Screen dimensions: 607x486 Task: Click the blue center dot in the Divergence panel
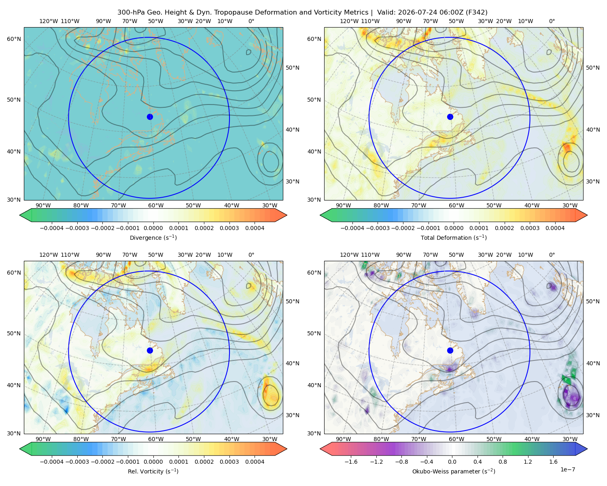[150, 117]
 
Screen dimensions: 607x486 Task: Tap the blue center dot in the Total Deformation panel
[450, 117]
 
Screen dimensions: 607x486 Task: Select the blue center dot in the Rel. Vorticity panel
[150, 350]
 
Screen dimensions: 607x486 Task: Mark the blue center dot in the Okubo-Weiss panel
[450, 350]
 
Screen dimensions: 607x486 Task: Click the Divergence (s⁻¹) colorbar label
[153, 238]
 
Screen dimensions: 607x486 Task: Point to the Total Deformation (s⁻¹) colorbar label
[454, 238]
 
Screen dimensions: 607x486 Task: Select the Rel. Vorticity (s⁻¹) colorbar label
[153, 471]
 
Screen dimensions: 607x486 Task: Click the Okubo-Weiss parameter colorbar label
[454, 471]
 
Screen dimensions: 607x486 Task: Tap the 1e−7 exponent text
[567, 469]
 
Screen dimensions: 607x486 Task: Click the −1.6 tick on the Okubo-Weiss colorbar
[351, 462]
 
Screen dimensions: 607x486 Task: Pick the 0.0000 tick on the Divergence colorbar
[153, 228]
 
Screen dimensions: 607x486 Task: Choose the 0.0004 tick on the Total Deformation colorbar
[555, 228]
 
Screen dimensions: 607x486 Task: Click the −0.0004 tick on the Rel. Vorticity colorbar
[52, 462]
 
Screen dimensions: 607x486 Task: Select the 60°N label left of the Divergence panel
[14, 39]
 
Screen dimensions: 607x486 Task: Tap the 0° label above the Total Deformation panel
[552, 21]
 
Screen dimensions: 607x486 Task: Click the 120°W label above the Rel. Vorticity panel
[49, 255]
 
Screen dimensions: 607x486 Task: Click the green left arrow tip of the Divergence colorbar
[20, 215]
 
